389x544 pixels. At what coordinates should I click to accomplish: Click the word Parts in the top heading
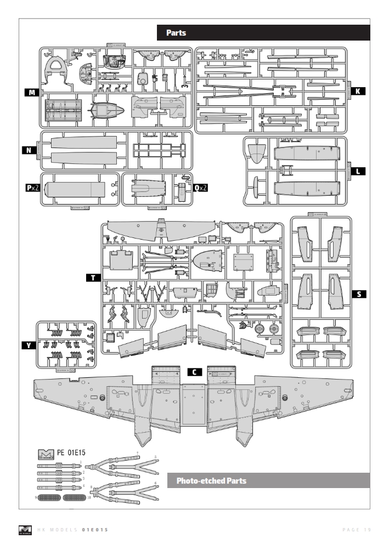[x=176, y=33]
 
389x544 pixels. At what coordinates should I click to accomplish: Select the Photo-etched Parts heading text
[x=211, y=481]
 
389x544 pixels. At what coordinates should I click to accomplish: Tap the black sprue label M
[x=32, y=93]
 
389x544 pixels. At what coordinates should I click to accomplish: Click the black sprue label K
[x=357, y=92]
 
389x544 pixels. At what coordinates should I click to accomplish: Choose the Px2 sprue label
[x=32, y=188]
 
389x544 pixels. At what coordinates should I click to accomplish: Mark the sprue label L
[x=357, y=172]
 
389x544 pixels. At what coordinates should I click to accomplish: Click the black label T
[x=93, y=278]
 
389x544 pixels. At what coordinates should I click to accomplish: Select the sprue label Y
[x=27, y=345]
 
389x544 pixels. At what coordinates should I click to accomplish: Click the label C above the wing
[x=194, y=371]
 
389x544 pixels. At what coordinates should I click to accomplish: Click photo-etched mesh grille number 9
[x=49, y=498]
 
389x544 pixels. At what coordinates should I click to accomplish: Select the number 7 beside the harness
[x=137, y=454]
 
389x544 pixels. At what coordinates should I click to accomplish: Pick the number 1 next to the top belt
[x=82, y=462]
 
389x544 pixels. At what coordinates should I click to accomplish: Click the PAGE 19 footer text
[x=357, y=529]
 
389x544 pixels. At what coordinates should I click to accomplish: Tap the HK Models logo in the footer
[x=25, y=529]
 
